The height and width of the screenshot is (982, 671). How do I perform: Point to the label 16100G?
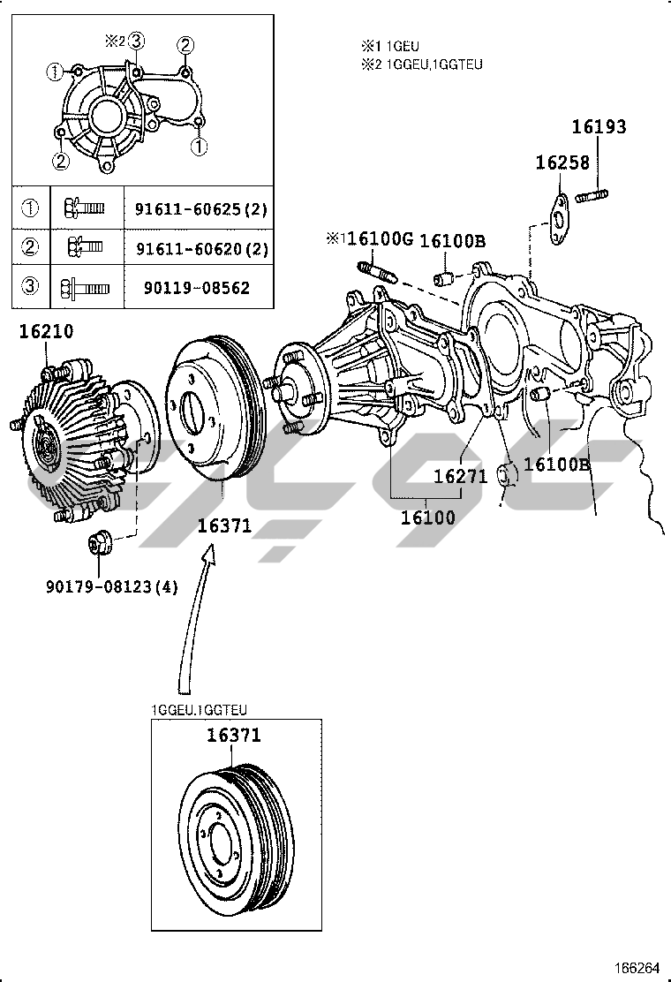[x=379, y=238]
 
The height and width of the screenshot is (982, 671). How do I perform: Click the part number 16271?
[x=460, y=476]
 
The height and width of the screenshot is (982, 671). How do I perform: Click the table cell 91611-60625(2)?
[x=200, y=209]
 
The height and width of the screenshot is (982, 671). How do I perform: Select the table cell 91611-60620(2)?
[x=200, y=249]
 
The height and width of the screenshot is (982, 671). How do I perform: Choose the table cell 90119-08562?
[x=192, y=288]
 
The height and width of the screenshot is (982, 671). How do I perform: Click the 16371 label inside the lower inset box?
[x=234, y=735]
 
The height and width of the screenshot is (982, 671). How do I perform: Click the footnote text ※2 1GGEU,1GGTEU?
[x=421, y=64]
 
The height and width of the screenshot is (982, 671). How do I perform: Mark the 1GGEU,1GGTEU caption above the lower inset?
[x=200, y=710]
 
